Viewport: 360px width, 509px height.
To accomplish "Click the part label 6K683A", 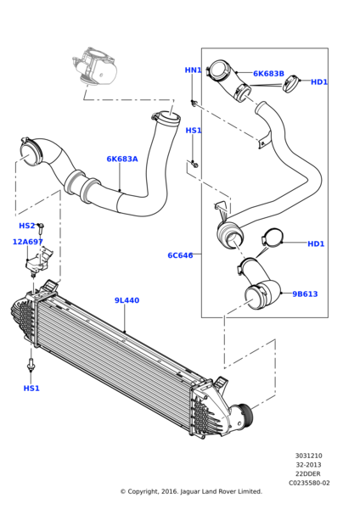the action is point(122,159).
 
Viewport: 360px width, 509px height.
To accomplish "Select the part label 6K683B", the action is point(268,74).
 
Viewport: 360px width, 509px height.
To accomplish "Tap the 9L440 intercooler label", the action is point(127,300).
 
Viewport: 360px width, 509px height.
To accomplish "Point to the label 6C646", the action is point(180,255).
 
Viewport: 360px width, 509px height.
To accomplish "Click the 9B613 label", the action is point(305,294).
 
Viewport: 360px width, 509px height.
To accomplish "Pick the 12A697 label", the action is point(28,242).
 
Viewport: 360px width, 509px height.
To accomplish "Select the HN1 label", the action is point(193,70).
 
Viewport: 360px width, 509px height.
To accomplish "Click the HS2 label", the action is point(26,226).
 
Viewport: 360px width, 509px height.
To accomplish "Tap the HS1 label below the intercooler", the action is point(31,389).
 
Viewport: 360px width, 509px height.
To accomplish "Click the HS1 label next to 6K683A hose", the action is point(194,131).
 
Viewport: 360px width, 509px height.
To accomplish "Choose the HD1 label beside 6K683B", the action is point(319,82).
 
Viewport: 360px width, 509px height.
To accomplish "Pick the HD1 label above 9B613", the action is point(316,243).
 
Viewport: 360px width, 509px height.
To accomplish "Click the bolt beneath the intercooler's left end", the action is point(31,365).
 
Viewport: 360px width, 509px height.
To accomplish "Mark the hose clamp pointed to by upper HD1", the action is point(291,84).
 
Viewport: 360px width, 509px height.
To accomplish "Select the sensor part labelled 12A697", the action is point(38,261).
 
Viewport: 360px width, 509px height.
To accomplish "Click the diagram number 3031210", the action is point(309,456).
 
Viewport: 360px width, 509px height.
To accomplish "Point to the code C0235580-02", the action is point(309,483).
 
